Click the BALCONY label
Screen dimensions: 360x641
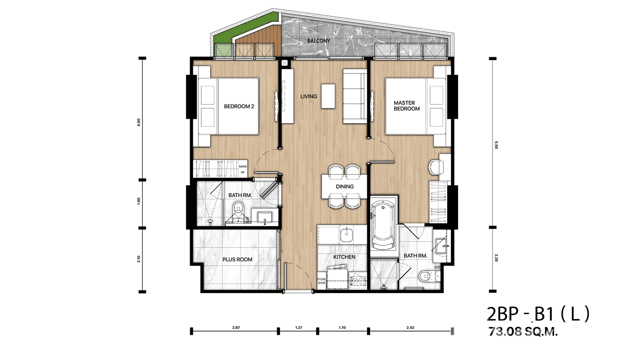pos(319,41)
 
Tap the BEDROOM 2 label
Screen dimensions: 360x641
pos(238,106)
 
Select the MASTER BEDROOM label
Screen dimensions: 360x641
pos(406,106)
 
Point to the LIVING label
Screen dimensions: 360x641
pos(309,96)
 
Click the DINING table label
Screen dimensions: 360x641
pos(344,186)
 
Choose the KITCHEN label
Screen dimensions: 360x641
pos(344,257)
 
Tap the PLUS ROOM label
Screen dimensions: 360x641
pos(237,260)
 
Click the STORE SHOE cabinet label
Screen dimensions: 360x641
pos(321,281)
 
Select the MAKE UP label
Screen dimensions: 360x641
pos(242,169)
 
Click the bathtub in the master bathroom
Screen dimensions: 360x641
pos(383,224)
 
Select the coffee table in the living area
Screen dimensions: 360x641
pos(328,96)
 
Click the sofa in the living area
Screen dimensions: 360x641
pos(353,96)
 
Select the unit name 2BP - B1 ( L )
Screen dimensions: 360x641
pos(538,314)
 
